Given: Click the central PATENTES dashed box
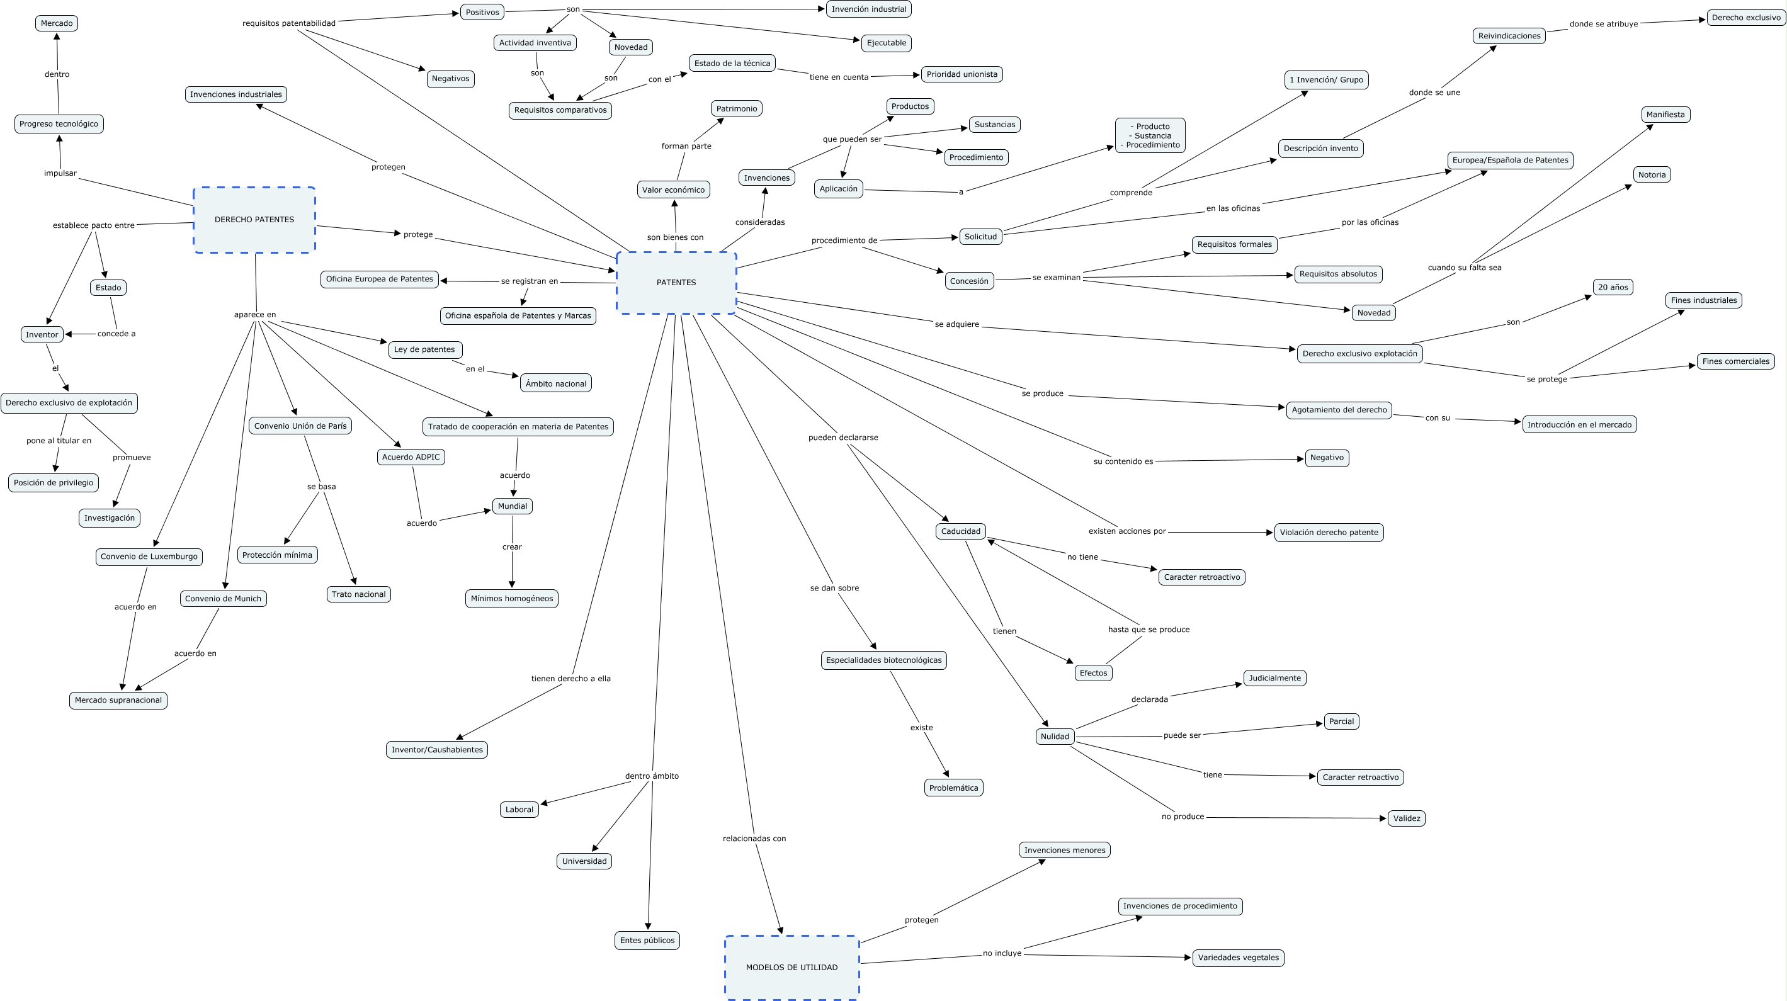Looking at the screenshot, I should pos(676,282).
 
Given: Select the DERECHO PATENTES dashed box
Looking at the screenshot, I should pos(254,219).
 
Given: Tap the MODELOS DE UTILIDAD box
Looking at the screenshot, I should pos(791,967).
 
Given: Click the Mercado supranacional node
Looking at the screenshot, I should pos(118,700).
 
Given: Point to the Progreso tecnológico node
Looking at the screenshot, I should pos(59,123).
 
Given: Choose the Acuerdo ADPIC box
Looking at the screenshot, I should pos(411,456).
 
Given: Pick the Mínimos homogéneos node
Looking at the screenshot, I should pos(512,598).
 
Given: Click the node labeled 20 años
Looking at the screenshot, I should pos(1612,286).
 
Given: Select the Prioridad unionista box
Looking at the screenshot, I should pos(962,74).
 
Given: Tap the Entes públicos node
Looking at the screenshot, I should pos(647,940).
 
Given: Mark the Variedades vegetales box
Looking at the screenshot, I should pos(1239,958).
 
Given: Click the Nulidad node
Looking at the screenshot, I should pos(1055,736).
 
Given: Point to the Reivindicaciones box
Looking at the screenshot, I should pos(1509,35).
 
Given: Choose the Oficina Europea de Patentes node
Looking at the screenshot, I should pos(380,279).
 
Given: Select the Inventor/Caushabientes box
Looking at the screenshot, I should pos(437,749).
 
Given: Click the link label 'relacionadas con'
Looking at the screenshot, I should pos(754,838).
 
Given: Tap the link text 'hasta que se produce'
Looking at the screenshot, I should pos(1148,629).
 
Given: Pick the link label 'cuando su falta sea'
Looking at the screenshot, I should pos(1464,267).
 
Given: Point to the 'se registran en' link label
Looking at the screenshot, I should pos(530,281).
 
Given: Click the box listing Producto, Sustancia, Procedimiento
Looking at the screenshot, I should pos(1150,135).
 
